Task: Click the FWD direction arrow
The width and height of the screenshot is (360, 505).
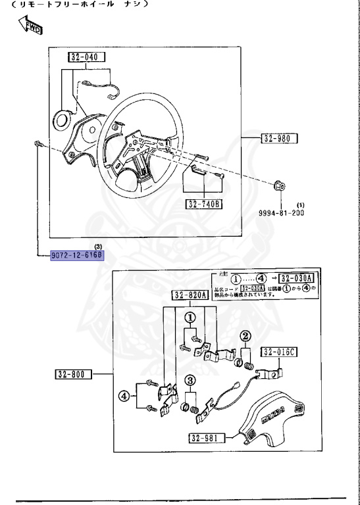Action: coord(30,26)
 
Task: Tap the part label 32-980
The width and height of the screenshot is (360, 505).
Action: coord(280,139)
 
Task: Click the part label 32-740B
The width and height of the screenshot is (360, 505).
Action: coord(204,203)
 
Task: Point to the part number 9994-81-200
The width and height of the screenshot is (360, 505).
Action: coord(281,214)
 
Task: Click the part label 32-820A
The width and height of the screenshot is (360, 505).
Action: coord(191,295)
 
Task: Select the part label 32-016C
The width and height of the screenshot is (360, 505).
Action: coord(280,352)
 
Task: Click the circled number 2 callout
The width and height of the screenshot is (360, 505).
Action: coord(245,337)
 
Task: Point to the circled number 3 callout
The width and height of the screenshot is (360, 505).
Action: coord(190,381)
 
